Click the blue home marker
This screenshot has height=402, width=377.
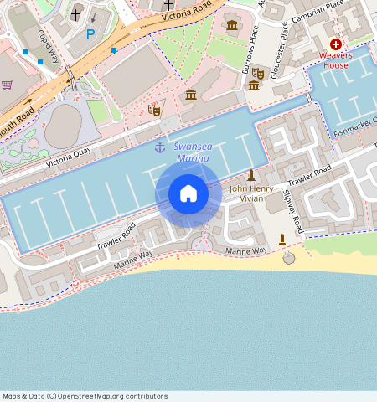tap(188, 193)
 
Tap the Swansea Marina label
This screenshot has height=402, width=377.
tap(192, 152)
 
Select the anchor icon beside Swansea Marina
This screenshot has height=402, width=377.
tap(159, 148)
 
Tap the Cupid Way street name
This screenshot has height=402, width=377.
tap(47, 47)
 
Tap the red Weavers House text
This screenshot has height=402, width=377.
tap(335, 60)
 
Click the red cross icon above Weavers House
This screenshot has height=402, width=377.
tap(336, 44)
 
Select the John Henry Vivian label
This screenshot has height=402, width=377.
tap(251, 193)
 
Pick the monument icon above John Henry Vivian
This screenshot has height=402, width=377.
tap(250, 175)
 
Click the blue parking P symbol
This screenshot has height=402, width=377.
tap(90, 35)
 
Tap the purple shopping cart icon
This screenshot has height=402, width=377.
tap(8, 85)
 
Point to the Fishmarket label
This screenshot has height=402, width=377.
tap(356, 126)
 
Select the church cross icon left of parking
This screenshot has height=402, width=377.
tap(75, 14)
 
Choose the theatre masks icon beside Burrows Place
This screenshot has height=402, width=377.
tap(258, 74)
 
